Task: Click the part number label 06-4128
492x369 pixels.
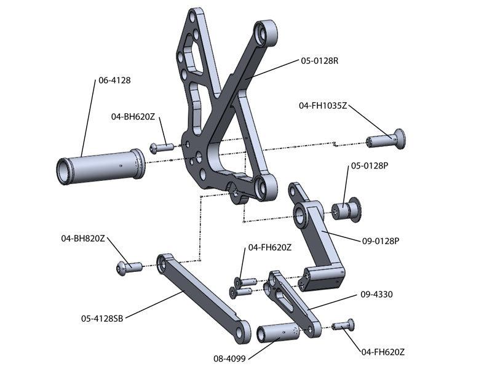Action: click(x=114, y=80)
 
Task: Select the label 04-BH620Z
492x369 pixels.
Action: click(x=133, y=116)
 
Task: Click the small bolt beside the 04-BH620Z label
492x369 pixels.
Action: click(x=161, y=148)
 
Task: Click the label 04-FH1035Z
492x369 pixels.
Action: click(x=323, y=106)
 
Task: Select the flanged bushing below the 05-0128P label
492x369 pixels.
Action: click(x=348, y=209)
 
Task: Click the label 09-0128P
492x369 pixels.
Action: click(x=379, y=241)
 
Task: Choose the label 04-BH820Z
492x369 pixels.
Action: click(x=83, y=237)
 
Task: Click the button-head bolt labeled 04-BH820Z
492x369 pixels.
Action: click(x=128, y=266)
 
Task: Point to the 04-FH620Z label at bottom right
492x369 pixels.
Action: click(x=383, y=352)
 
